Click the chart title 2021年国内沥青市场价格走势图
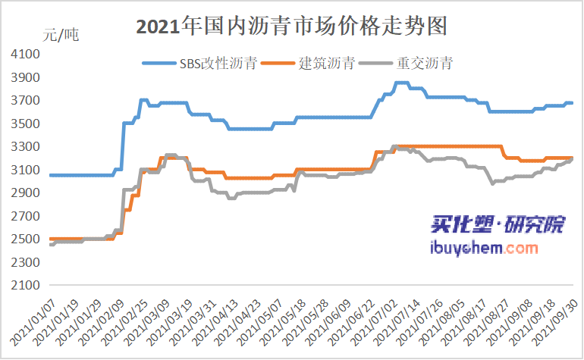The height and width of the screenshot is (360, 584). [x=291, y=27]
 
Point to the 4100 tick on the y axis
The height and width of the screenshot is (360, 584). [x=26, y=55]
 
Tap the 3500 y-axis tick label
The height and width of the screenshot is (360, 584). [x=26, y=124]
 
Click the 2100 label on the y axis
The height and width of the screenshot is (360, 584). [x=26, y=286]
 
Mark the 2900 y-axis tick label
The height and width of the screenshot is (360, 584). [x=26, y=193]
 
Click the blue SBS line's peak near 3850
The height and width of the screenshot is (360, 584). [x=401, y=83]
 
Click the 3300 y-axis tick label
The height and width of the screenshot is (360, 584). [x=26, y=147]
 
